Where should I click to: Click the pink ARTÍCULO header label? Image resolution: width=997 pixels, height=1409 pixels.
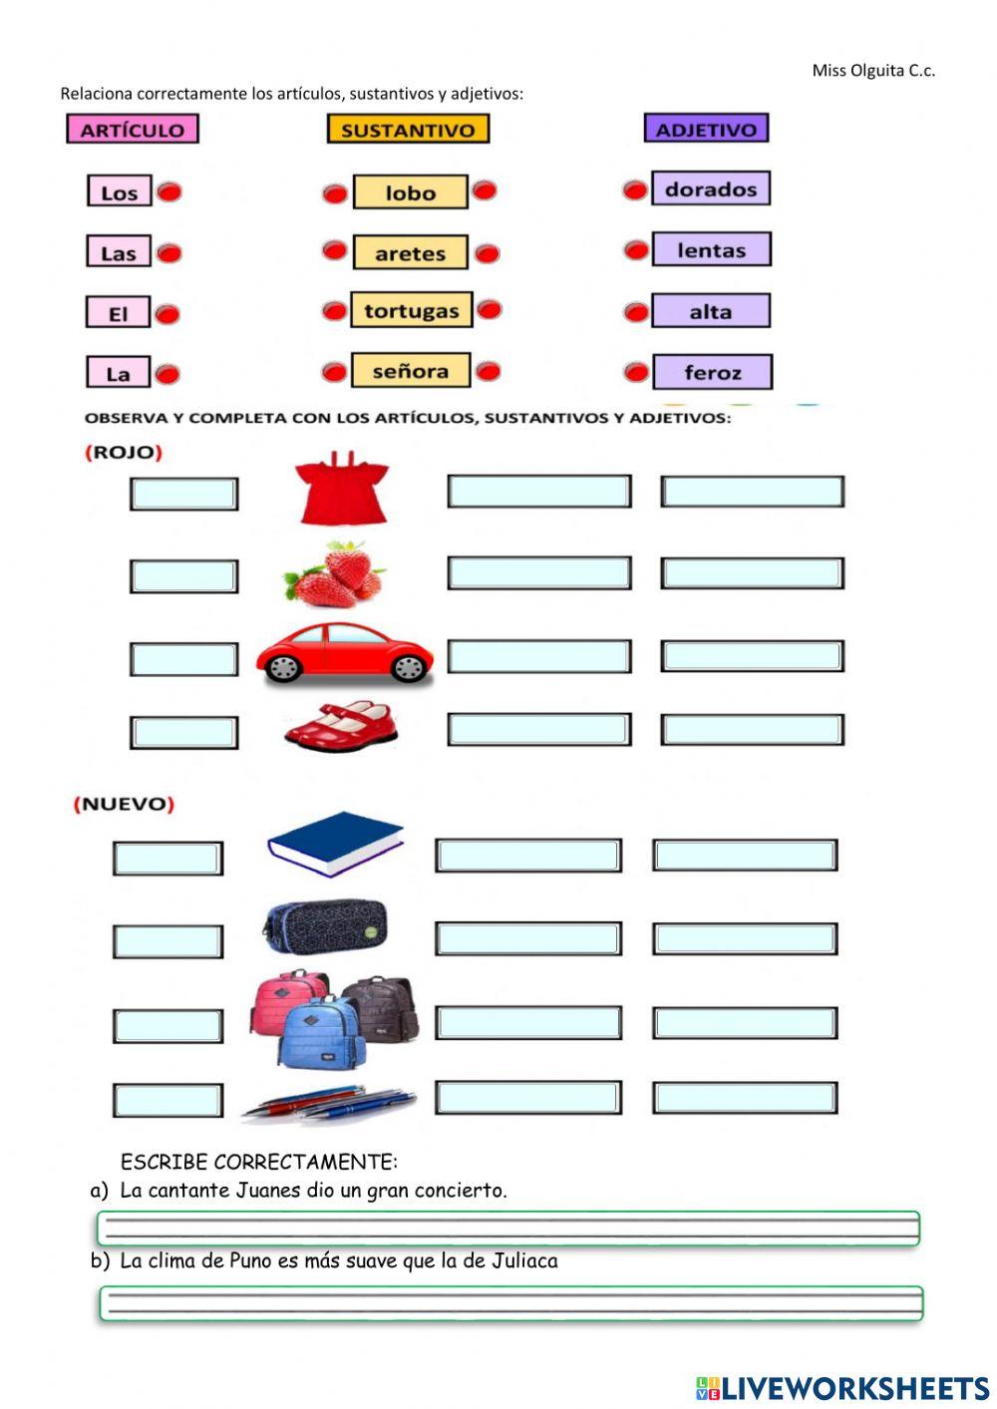(x=133, y=130)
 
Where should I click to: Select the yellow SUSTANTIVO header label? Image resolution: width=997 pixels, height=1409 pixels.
(x=408, y=130)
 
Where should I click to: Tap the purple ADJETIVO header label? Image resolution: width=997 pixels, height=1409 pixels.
(x=706, y=129)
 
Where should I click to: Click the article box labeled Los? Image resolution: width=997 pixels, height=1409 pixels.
(x=120, y=192)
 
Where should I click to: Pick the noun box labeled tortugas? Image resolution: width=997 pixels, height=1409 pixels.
(x=411, y=311)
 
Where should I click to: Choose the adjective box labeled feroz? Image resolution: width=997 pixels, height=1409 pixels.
(x=712, y=373)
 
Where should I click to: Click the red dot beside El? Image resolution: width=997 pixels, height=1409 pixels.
(x=167, y=315)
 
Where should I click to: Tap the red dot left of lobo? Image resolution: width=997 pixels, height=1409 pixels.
(x=335, y=193)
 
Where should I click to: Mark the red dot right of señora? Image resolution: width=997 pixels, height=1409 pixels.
(x=488, y=372)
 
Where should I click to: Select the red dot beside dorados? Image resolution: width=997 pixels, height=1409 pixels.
(x=635, y=190)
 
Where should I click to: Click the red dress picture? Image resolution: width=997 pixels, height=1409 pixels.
(x=342, y=489)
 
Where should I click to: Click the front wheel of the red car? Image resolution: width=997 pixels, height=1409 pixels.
(x=409, y=667)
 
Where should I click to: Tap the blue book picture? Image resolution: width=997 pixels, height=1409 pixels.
(x=335, y=843)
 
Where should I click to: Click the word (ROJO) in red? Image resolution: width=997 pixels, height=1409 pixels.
(x=124, y=453)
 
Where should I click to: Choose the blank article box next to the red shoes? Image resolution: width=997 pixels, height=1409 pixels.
(x=184, y=733)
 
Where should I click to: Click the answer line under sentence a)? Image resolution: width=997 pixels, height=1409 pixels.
(x=508, y=1229)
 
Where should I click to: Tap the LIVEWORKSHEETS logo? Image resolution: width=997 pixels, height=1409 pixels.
(x=842, y=1388)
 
